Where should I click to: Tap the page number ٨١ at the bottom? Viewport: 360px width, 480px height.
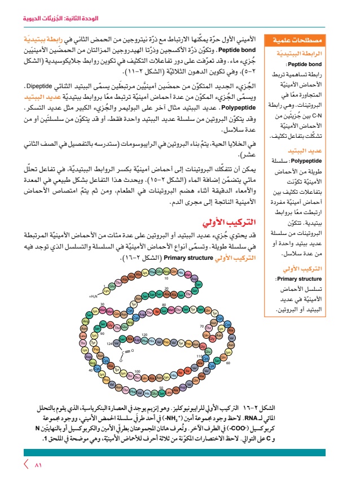pos(38,465)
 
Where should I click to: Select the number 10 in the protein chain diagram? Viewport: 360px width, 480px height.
pos(166,278)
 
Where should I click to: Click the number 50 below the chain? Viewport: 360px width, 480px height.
pos(161,387)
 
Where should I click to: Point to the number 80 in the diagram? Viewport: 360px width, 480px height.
pos(164,305)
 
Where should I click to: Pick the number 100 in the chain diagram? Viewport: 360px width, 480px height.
pos(137,371)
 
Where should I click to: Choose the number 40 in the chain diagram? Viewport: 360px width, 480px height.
pos(90,370)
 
